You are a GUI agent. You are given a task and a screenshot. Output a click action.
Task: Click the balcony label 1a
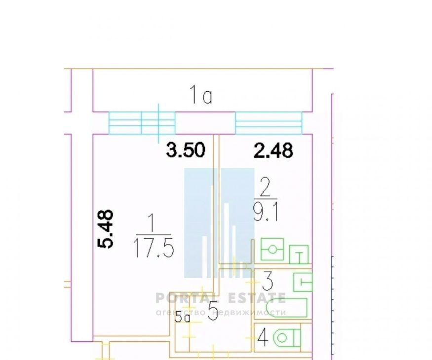(x=201, y=95)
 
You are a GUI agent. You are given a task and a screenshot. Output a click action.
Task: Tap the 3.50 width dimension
(x=186, y=150)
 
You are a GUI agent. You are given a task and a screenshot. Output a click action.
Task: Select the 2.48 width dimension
(x=273, y=150)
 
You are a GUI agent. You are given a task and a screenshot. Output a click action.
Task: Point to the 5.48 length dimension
(x=106, y=229)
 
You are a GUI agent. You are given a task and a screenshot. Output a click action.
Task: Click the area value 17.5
(x=154, y=248)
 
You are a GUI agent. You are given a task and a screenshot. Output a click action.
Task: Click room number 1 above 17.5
(x=151, y=224)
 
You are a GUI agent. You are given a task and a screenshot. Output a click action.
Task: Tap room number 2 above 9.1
(x=265, y=187)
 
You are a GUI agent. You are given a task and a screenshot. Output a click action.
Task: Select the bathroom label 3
(x=267, y=281)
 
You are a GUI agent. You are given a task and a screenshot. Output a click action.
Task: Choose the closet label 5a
(x=183, y=318)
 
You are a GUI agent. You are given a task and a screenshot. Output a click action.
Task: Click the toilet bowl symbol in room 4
(x=286, y=338)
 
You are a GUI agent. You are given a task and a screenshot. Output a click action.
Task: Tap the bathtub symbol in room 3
(x=286, y=308)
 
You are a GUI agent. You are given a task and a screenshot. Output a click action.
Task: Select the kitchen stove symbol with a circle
(x=272, y=250)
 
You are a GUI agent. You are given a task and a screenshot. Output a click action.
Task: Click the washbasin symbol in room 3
(x=303, y=282)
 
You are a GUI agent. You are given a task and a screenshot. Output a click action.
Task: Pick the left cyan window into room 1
(x=142, y=123)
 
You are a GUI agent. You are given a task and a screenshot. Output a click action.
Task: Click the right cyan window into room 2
(x=269, y=123)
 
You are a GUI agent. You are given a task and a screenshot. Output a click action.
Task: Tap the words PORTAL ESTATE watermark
(x=220, y=298)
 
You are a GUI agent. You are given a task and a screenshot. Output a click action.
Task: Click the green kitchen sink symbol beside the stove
(x=299, y=254)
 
